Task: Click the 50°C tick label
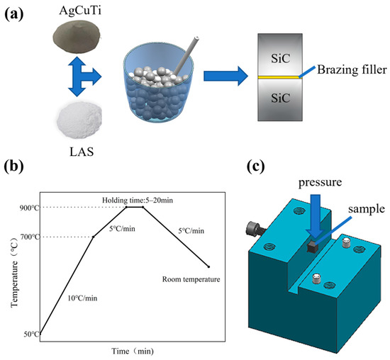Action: (29, 333)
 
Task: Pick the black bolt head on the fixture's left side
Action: (254, 229)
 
